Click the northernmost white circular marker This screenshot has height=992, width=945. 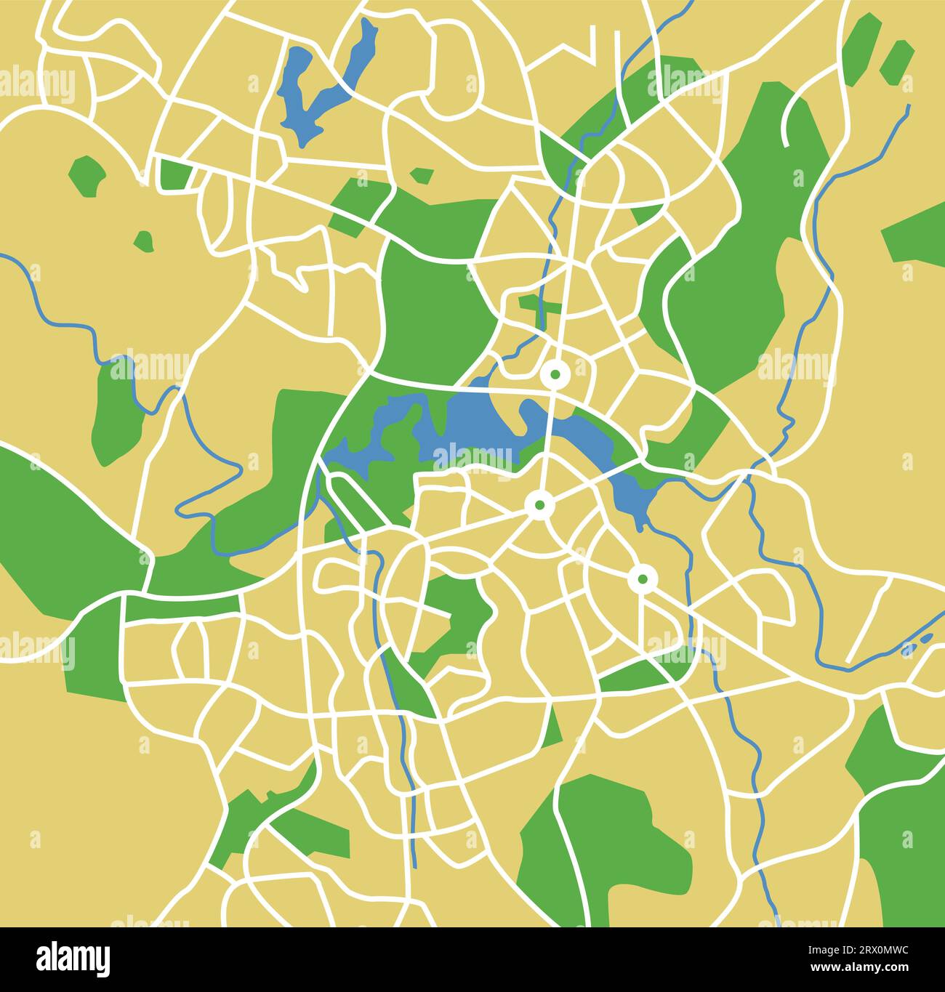click(555, 374)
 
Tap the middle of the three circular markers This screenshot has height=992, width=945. click(539, 504)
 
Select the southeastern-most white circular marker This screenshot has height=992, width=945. click(643, 579)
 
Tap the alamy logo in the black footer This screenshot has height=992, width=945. click(73, 959)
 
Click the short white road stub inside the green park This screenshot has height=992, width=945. click(789, 124)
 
